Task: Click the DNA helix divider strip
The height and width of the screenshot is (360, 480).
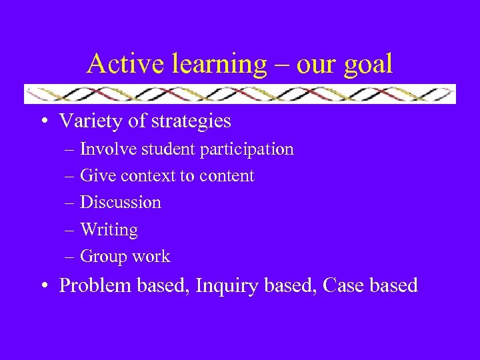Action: click(x=240, y=94)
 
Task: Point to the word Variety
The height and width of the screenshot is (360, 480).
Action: click(x=88, y=121)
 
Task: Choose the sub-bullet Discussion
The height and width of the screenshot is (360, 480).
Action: click(x=121, y=203)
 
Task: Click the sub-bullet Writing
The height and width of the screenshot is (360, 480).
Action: click(x=109, y=230)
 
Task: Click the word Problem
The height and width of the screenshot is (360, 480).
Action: click(x=96, y=286)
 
